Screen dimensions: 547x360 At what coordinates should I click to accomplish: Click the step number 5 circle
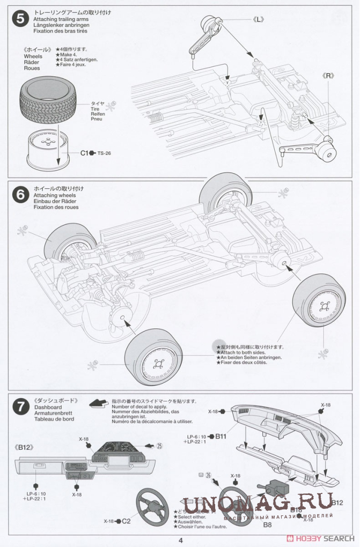pyautogui.click(x=20, y=18)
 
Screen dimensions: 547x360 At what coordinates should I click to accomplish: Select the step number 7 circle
pyautogui.click(x=20, y=407)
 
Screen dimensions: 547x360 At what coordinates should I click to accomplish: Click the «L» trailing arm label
pyautogui.click(x=258, y=19)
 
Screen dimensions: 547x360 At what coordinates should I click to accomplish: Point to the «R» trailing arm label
pyautogui.click(x=328, y=76)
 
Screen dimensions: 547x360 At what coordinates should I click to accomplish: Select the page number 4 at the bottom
pyautogui.click(x=180, y=539)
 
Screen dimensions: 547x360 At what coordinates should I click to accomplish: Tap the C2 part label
pyautogui.click(x=126, y=520)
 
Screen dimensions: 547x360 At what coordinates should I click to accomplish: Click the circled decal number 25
pyautogui.click(x=159, y=445)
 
